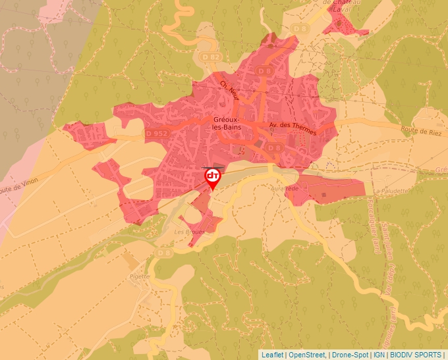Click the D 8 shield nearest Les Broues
[163, 253]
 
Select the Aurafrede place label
[285, 188]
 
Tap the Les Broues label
[187, 232]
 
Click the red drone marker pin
[213, 177]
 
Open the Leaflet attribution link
[272, 355]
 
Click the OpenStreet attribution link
[307, 355]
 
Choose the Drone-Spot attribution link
[349, 355]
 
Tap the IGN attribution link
[379, 355]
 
